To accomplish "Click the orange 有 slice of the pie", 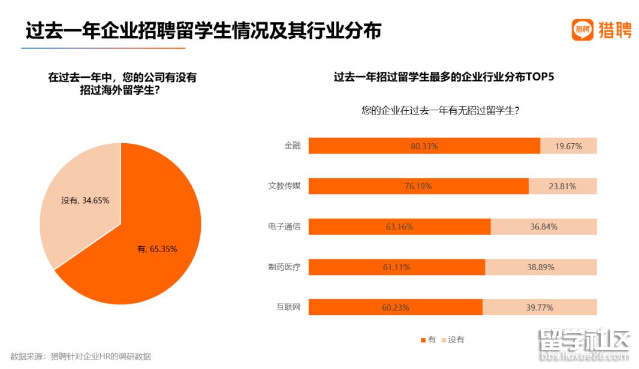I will tap(150, 264).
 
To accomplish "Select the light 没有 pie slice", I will tap(72, 222).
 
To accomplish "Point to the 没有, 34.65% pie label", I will tap(85, 201).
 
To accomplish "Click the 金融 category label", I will tap(293, 146).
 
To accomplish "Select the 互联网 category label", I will tap(288, 307).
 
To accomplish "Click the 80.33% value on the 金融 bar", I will tap(424, 146).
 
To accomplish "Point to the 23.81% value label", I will tap(562, 186).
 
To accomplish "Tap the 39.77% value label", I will tap(539, 308).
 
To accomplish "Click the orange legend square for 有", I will tap(423, 340).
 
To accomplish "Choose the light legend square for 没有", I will tap(444, 340).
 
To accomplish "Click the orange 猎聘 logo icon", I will tap(581, 29).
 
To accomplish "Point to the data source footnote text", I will tap(81, 356).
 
